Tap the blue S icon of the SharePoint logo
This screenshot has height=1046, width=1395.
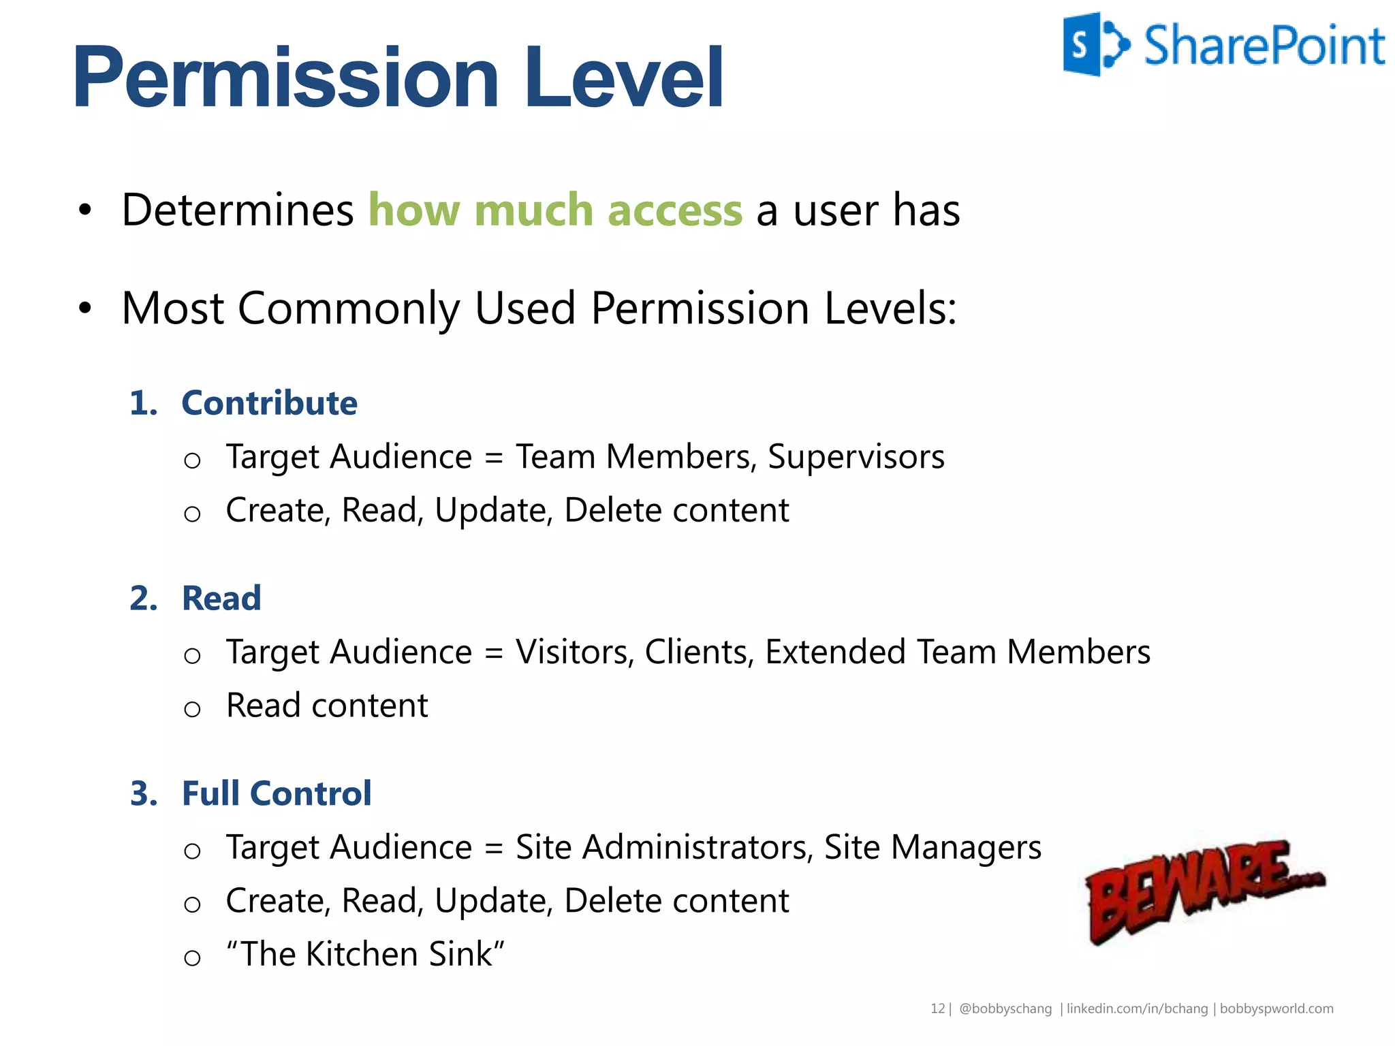(1083, 44)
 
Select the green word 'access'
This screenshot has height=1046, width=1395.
(674, 210)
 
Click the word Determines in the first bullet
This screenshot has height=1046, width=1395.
(237, 210)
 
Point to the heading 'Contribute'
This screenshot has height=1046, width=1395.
(269, 403)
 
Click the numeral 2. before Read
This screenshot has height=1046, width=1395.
(144, 599)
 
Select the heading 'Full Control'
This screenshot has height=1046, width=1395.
(277, 794)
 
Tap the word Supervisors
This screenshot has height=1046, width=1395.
(856, 457)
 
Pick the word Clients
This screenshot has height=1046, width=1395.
(699, 652)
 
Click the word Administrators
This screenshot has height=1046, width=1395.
(697, 848)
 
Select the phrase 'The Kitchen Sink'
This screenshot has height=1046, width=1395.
(366, 954)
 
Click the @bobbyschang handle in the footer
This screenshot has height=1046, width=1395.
(1005, 1009)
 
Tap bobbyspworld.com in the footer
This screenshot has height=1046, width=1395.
(1276, 1009)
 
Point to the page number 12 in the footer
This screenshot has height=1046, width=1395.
(937, 1009)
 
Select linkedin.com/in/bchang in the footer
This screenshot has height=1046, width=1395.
(1137, 1009)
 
